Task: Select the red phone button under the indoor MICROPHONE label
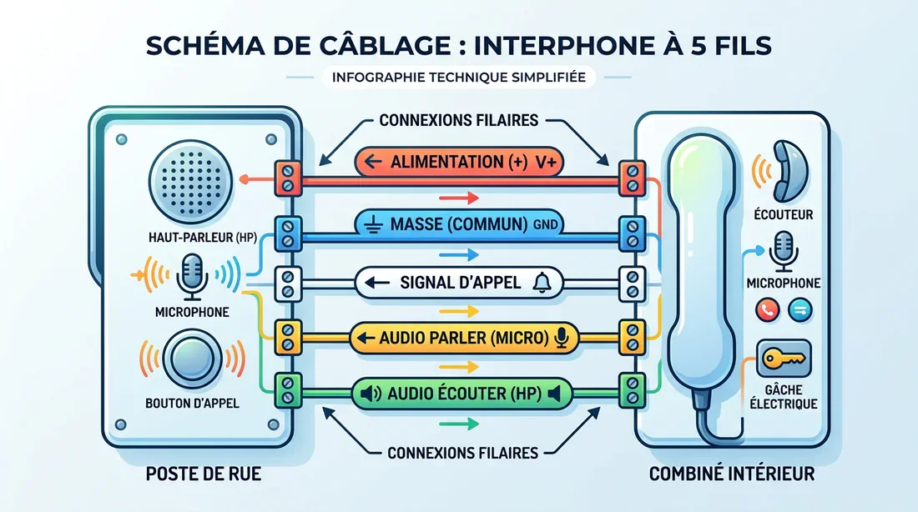pos(767,310)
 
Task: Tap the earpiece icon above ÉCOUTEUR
pos(789,168)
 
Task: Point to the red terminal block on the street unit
pos(288,177)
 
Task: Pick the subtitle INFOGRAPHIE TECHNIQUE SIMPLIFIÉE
pos(458,78)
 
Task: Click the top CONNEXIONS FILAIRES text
pos(458,120)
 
